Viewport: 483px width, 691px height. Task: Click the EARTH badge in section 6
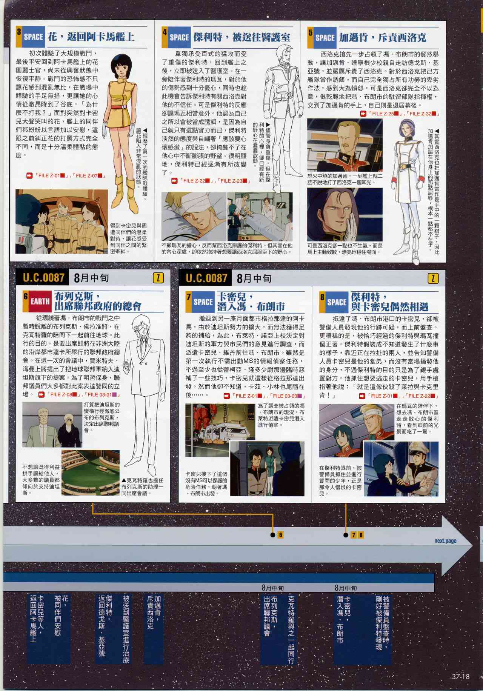coord(40,301)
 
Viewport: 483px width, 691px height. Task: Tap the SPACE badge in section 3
coord(33,37)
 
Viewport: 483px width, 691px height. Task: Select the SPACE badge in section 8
coord(337,302)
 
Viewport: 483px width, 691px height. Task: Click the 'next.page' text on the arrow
coord(445,541)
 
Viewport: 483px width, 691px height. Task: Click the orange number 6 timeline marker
coord(280,534)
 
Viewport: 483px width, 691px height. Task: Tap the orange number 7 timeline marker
coord(354,535)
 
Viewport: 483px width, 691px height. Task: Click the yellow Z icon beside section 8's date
coord(433,279)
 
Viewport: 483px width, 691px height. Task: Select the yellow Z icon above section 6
coord(158,278)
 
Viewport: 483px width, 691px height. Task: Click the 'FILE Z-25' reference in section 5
coord(384,113)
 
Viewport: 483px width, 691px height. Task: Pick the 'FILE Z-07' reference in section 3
coord(89,175)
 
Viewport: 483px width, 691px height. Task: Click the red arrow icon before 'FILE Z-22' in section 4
coord(174,181)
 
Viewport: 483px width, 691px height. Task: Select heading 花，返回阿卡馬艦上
coord(91,37)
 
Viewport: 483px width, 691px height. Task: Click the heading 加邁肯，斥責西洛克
coord(383,37)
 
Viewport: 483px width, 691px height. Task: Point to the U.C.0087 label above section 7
coord(206,279)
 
